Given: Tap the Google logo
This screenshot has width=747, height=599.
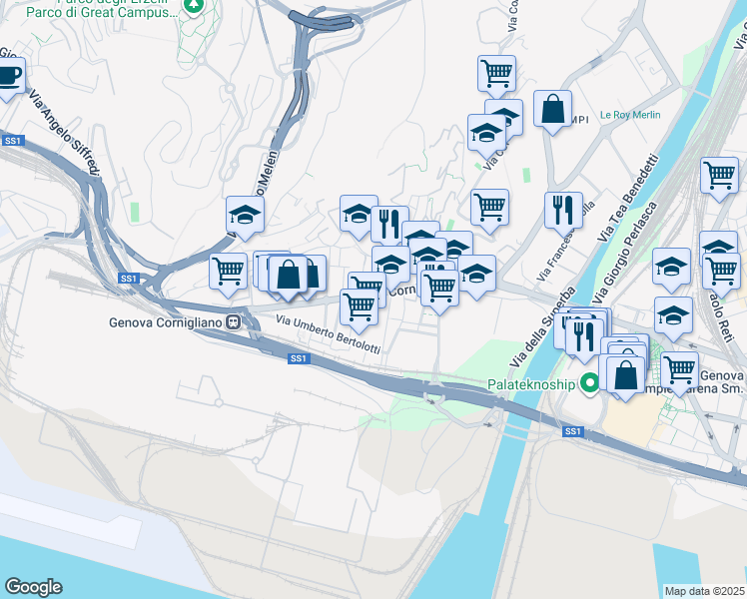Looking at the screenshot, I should tap(33, 587).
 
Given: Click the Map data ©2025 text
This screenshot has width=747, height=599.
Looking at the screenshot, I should tap(705, 591).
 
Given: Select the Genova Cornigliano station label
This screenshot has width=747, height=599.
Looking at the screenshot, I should tap(165, 321).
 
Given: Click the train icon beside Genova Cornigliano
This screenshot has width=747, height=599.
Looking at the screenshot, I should tap(233, 321).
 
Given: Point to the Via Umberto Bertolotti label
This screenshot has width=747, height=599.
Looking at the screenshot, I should tap(328, 333).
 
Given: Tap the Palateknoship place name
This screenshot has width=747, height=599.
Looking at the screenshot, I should tap(531, 383).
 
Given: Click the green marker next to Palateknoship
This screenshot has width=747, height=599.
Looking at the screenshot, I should tap(590, 383).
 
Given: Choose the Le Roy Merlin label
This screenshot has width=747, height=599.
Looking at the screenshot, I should tap(630, 115).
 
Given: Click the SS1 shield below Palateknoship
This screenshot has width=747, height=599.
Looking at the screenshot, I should tap(572, 431).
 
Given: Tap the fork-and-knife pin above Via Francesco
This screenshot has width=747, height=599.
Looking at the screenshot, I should tap(563, 209).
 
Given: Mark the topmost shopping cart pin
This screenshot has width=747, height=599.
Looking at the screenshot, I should tap(496, 72).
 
